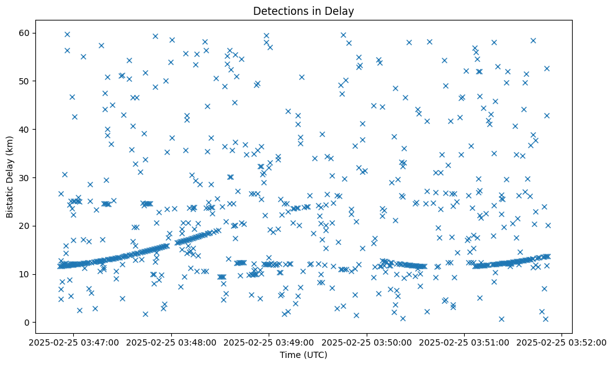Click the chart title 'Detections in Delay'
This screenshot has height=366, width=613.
click(x=303, y=11)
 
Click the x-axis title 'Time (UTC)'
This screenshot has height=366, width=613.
click(x=303, y=355)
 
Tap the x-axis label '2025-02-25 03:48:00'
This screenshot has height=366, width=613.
click(x=172, y=342)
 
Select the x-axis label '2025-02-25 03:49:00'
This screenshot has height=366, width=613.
click(x=269, y=342)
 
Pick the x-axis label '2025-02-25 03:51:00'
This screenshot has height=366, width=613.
click(x=465, y=342)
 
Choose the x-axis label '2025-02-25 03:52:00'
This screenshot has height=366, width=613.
click(x=562, y=342)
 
